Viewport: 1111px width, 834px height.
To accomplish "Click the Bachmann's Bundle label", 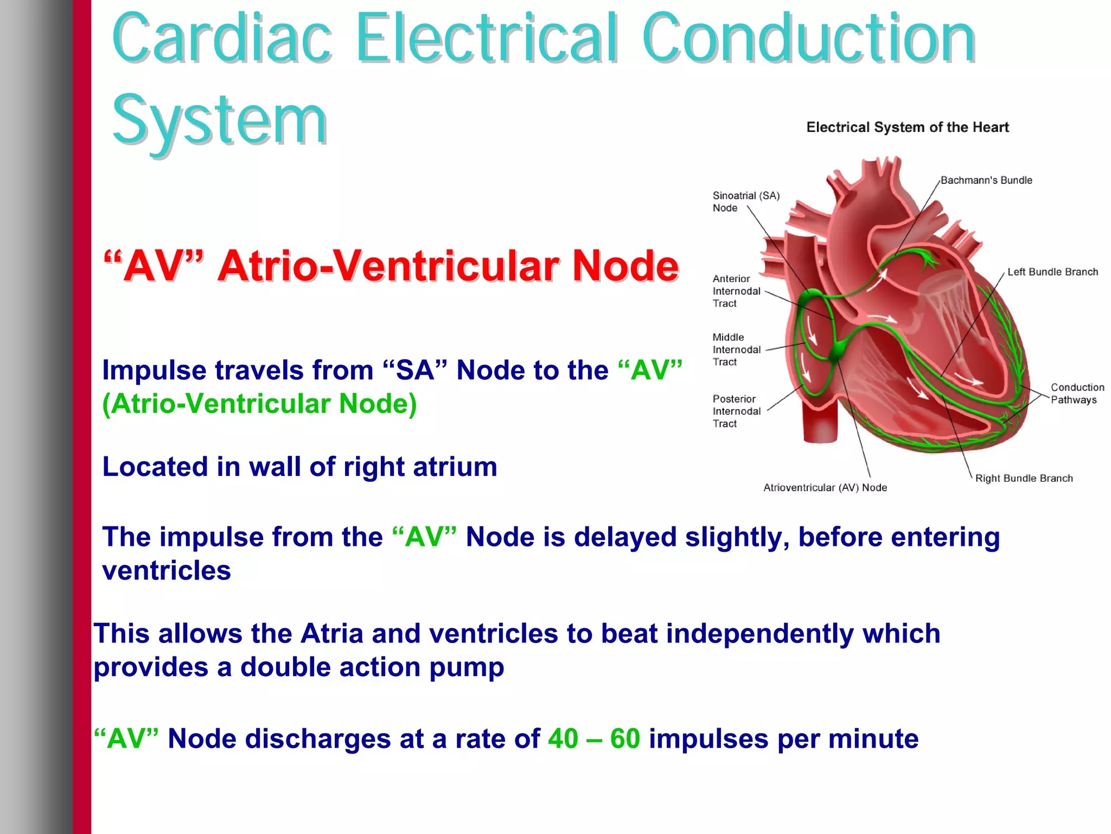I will (986, 180).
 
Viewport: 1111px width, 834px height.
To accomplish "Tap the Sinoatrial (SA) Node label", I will (745, 201).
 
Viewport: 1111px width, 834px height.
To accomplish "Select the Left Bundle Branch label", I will (1052, 272).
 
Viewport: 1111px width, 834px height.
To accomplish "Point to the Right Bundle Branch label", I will (1024, 478).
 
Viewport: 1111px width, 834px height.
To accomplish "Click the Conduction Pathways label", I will (1077, 393).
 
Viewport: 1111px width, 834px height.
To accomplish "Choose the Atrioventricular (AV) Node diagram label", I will (825, 487).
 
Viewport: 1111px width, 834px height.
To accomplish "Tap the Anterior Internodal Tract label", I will (736, 291).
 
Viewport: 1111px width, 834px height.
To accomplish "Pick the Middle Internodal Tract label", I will (736, 349).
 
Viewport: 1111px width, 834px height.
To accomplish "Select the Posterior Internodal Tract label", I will (736, 411).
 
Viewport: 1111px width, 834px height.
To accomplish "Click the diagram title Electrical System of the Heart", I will (907, 128).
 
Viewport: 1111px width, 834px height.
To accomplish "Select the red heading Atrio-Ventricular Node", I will (448, 266).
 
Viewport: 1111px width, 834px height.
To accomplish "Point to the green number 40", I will (563, 738).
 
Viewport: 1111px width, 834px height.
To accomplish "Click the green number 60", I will (625, 738).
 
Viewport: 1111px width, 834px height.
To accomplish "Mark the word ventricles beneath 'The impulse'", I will (167, 571).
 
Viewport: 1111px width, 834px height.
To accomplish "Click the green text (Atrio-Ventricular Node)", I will (259, 404).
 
